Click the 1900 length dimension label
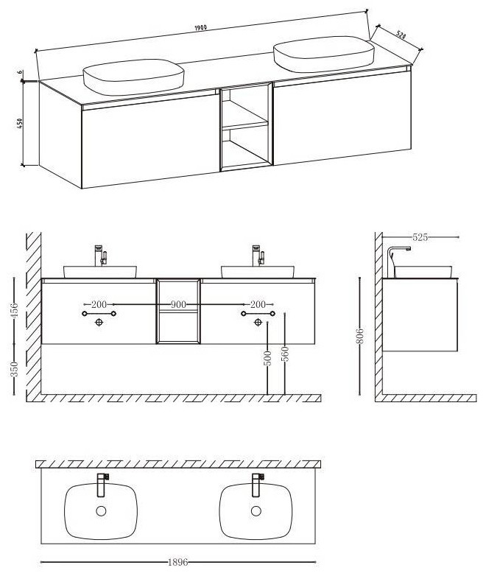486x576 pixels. [200, 27]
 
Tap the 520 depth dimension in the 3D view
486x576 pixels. [401, 35]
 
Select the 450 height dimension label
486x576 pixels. [20, 123]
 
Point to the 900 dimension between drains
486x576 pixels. [178, 304]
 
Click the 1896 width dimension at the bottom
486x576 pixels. [177, 563]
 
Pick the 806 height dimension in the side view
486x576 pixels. [360, 336]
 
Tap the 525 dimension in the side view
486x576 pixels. [420, 237]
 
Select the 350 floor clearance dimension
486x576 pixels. [14, 369]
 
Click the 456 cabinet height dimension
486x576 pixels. [14, 311]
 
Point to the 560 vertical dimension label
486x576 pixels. [285, 354]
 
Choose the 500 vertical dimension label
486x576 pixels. [268, 359]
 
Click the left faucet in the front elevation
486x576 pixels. [100, 256]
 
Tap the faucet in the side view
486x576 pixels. [398, 261]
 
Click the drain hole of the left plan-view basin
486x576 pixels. [101, 510]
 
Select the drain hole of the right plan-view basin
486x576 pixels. [256, 510]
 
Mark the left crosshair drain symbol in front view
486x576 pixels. [99, 322]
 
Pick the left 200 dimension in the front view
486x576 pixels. [99, 304]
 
